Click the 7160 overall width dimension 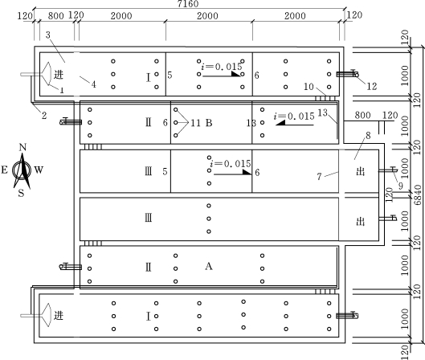point(188,3)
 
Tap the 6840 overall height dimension point(418,194)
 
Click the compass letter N point(22,147)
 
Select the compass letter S point(21,193)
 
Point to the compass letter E point(4,170)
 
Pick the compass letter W point(39,170)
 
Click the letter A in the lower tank point(209,267)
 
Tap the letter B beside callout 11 point(209,123)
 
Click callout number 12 point(372,86)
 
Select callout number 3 point(47,35)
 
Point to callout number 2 point(44,116)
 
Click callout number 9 point(400,186)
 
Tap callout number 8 point(368,135)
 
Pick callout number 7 point(319,177)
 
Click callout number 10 point(309,87)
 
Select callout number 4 point(93,84)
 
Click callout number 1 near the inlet point(62,90)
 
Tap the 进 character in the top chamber point(59,74)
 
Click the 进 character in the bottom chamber point(59,316)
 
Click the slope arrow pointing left point(295,124)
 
